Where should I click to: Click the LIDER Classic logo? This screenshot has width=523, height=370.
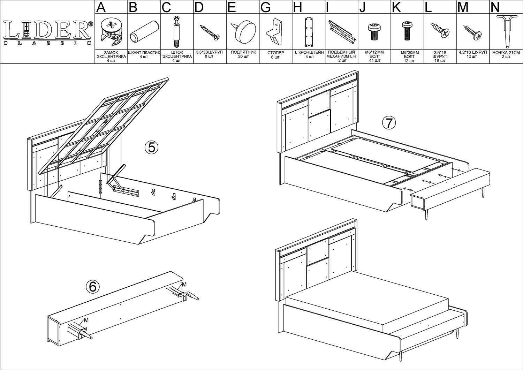pos(48,33)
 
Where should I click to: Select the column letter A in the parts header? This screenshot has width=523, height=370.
pos(101,7)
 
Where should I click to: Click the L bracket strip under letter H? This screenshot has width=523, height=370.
pos(309,32)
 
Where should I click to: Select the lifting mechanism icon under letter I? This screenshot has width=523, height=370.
pos(342,32)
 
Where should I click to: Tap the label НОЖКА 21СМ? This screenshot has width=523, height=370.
pos(506,53)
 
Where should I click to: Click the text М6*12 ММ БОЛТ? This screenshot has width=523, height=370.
pos(374,54)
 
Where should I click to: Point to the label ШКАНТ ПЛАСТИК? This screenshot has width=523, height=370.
pos(144,53)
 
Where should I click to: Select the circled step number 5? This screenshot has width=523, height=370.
pos(152,148)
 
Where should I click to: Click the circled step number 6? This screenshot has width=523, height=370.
pos(93,286)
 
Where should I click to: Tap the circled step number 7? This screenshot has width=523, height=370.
pos(389,123)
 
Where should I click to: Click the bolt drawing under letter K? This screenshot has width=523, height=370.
pos(407,31)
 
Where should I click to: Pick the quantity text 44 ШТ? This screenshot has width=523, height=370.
pos(374,61)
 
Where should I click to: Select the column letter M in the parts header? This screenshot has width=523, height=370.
pos(463,7)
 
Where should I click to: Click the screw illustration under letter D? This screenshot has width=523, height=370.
pos(210,32)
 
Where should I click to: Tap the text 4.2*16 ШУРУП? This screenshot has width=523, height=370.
pos(473,53)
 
